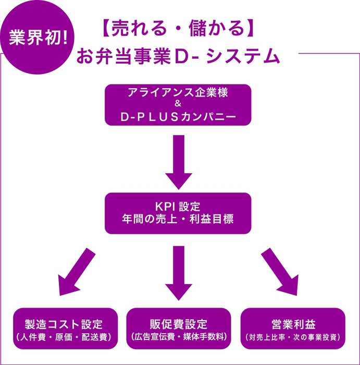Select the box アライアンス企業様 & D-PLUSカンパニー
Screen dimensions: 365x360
(x=178, y=105)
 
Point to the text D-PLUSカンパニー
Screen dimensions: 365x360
(x=178, y=118)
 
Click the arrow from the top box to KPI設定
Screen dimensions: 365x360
(x=178, y=161)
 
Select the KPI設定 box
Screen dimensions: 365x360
(x=178, y=213)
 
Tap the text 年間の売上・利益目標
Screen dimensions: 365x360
(x=178, y=220)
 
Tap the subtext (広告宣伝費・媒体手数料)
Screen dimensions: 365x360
(x=178, y=337)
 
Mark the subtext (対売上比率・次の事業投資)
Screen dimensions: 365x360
(x=293, y=337)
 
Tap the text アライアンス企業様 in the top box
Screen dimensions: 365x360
(x=178, y=93)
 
